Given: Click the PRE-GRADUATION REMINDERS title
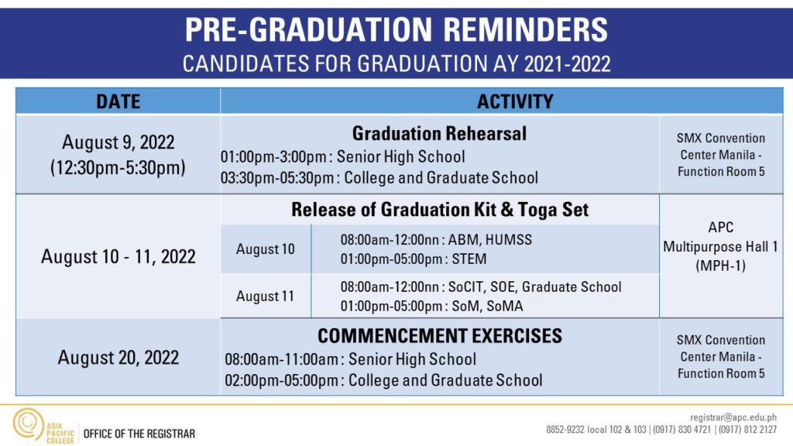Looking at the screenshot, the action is coord(396,29).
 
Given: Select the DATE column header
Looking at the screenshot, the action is coord(118,101).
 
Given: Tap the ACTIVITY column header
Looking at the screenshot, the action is coord(515,101).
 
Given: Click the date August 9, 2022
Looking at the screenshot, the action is coord(118,142).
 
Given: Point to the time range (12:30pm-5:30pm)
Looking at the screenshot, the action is coord(118,167).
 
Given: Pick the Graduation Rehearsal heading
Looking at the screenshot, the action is coord(439,133).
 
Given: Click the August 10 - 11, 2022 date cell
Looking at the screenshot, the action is coord(118,257).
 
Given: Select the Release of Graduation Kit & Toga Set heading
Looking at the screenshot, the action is coord(440,210).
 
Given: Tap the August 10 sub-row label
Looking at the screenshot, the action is coord(265,249).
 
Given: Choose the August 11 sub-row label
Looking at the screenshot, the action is coord(265,297).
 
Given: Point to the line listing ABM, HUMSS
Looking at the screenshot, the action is coord(436,240).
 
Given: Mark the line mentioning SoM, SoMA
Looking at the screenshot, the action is coord(431,307).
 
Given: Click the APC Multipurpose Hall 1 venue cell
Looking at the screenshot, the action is coord(720,247).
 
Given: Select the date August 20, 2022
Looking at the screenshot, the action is coord(118,358).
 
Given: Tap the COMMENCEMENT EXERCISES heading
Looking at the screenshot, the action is coord(440,336).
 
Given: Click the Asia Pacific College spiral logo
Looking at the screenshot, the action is coord(29,424).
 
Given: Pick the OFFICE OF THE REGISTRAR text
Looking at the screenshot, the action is coord(139,434).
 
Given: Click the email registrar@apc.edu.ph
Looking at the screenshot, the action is coord(733,417).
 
